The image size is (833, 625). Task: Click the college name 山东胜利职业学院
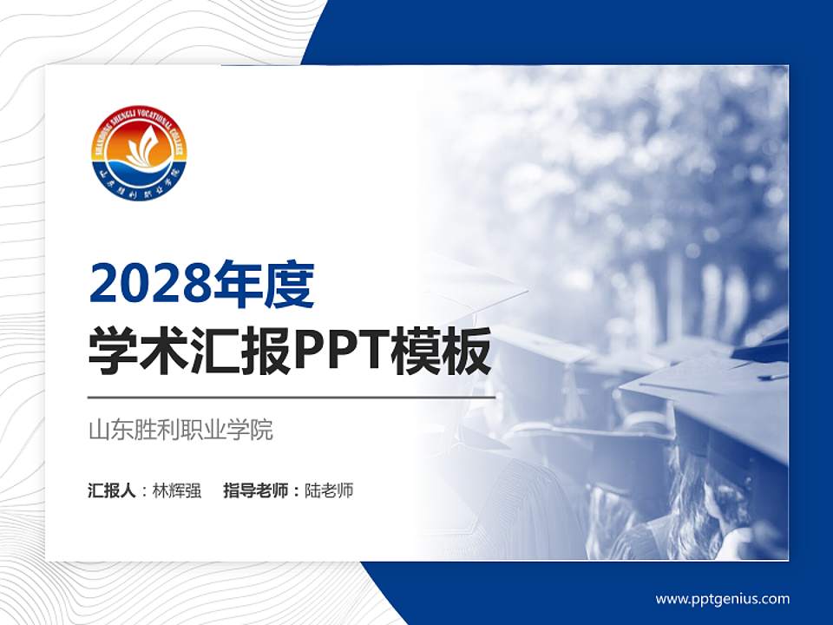pos(180,430)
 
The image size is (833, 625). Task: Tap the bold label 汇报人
pos(112,490)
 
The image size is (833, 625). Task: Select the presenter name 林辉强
pos(177,490)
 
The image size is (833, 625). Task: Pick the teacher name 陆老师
pos(330,490)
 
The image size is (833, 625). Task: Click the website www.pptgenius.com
pos(722,599)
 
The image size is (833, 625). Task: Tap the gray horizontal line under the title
pos(292,397)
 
